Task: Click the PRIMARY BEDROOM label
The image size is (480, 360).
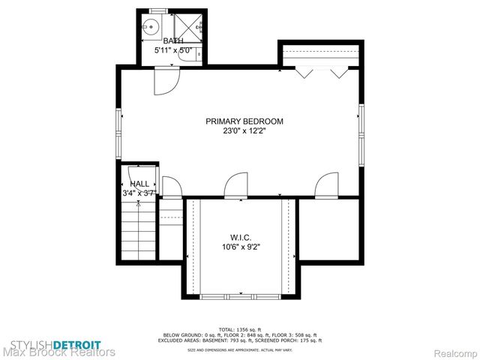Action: tap(245, 121)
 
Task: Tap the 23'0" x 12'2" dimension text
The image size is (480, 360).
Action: tap(245, 130)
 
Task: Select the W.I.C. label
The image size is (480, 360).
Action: tap(241, 237)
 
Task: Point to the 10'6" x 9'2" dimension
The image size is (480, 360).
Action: tap(241, 247)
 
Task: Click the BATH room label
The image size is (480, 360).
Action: tap(173, 40)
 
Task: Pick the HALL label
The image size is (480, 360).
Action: tap(139, 184)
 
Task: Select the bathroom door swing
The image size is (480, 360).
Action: tap(163, 81)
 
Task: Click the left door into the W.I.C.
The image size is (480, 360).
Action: tap(236, 186)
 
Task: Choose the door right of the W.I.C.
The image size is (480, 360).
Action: tap(327, 186)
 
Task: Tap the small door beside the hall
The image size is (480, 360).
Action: tap(170, 188)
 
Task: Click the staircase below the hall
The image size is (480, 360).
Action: tap(139, 229)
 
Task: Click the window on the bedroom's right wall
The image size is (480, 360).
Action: tap(361, 127)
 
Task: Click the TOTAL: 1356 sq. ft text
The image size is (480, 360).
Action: tap(240, 330)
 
